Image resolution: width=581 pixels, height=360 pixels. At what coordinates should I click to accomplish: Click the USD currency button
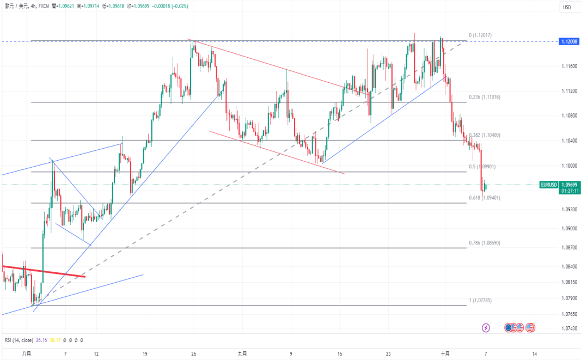tap(567, 7)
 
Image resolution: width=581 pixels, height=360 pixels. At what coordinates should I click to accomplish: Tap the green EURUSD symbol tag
tap(548, 185)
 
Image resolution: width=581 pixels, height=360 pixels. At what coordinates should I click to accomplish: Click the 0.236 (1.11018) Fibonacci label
tap(485, 97)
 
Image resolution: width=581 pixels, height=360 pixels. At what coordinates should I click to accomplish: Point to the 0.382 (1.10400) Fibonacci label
tap(485, 135)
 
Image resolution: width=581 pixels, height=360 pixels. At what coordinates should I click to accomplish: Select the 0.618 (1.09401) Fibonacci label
tap(485, 198)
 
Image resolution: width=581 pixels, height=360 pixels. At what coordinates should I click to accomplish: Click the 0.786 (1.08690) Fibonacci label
tap(485, 243)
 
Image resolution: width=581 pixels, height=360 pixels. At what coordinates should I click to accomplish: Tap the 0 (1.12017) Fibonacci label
tap(480, 35)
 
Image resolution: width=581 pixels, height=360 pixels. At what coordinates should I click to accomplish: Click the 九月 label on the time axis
tap(242, 353)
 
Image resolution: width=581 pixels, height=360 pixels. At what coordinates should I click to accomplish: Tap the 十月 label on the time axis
tap(445, 353)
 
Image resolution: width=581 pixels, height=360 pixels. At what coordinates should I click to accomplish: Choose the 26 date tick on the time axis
tap(193, 353)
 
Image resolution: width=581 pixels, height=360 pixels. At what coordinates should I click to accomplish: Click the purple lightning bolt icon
tap(486, 328)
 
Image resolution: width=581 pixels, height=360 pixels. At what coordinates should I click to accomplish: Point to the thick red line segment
tap(44, 271)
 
